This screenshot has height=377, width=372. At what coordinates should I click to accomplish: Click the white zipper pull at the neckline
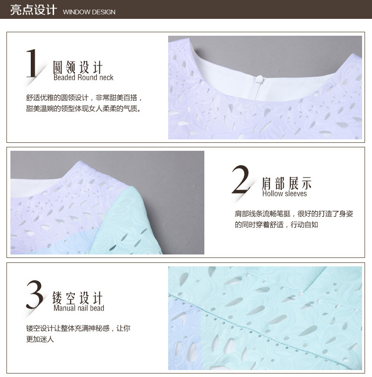coord(259,79)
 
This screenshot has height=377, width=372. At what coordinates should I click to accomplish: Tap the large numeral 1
coord(32,63)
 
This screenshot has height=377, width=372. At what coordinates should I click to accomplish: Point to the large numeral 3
coord(35,294)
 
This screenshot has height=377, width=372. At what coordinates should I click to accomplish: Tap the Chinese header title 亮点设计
coord(33,10)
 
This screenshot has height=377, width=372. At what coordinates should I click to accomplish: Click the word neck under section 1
coord(106,77)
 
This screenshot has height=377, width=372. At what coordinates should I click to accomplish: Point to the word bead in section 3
coord(97,308)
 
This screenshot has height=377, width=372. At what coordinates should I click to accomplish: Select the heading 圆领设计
coord(78,67)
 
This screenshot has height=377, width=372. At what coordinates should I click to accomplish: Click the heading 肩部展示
coord(287,183)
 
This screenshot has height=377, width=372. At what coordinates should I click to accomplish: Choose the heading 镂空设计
coord(78,298)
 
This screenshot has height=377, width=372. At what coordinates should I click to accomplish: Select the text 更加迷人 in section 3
coord(40,339)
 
